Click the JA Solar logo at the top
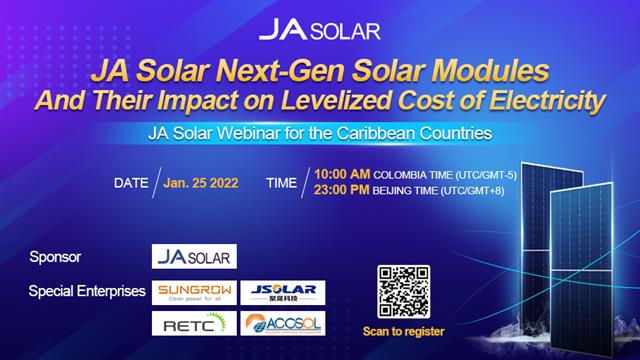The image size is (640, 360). (319, 29)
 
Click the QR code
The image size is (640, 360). (403, 291)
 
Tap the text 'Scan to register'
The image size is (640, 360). (404, 331)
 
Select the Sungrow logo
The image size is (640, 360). (194, 293)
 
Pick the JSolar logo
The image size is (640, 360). (283, 293)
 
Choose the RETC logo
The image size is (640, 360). (194, 323)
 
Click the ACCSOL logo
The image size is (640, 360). (283, 323)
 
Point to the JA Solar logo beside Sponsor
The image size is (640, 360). (194, 256)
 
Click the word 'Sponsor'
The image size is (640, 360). (56, 257)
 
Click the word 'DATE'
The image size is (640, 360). (131, 183)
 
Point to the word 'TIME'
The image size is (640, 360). (281, 183)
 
